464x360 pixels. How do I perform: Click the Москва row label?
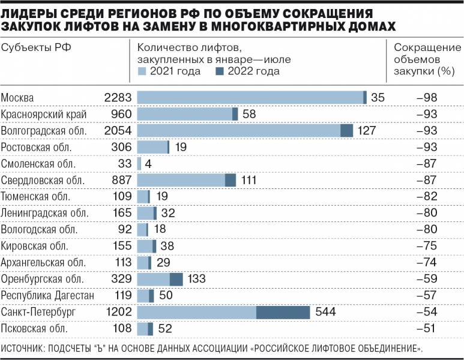[x=18, y=98]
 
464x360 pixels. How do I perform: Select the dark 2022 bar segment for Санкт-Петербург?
[x=283, y=312]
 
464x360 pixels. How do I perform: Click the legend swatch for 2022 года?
[x=218, y=71]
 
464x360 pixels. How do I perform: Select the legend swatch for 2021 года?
[x=142, y=71]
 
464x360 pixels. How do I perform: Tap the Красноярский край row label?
[x=44, y=114]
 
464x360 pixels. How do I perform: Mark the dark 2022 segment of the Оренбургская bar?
[x=176, y=279]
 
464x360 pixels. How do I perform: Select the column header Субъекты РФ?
[x=37, y=49]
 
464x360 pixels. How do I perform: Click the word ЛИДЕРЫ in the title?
[x=31, y=13]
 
